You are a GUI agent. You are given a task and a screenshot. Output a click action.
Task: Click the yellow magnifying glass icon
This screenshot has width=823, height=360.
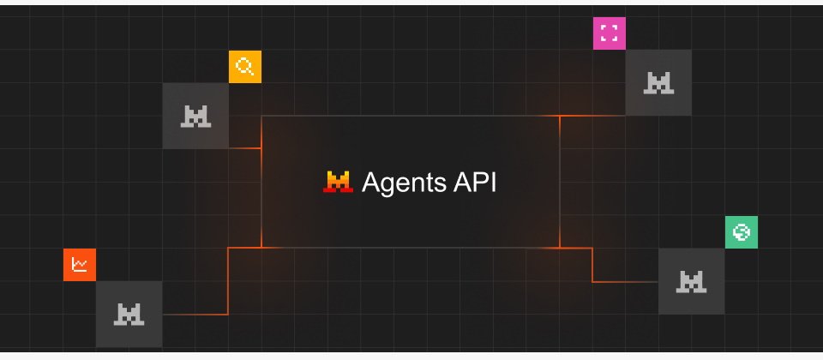(x=245, y=67)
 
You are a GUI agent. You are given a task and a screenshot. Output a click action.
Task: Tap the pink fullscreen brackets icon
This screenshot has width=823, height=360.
(x=610, y=33)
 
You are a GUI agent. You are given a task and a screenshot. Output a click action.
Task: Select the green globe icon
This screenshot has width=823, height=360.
(x=742, y=232)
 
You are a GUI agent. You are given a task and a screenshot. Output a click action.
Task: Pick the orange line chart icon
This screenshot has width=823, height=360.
(x=80, y=265)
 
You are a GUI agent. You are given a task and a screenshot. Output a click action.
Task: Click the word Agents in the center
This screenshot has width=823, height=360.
(x=404, y=183)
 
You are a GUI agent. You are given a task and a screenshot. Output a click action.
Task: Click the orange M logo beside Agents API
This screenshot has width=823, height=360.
(x=338, y=182)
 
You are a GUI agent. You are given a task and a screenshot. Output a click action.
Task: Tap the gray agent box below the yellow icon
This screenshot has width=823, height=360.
(x=195, y=116)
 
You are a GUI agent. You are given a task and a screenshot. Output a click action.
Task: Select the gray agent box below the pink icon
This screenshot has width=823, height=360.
(x=658, y=83)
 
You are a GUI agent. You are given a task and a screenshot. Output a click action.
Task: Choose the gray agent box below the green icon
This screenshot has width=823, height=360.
(x=692, y=281)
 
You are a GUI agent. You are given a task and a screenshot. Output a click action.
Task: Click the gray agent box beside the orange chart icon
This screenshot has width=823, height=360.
(x=129, y=315)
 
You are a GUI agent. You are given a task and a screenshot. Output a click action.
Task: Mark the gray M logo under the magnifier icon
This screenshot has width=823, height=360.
(x=195, y=116)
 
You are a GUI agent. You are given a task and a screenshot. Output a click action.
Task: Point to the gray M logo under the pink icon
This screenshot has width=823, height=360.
(x=658, y=83)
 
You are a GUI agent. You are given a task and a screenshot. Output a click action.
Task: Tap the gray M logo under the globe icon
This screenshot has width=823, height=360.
(x=691, y=282)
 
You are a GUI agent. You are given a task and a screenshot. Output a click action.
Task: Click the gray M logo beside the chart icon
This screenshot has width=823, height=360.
(x=129, y=315)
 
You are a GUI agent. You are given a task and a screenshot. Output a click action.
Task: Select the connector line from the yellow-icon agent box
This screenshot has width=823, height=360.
(x=245, y=148)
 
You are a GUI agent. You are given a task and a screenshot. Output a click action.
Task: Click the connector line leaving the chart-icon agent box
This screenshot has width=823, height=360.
(x=228, y=281)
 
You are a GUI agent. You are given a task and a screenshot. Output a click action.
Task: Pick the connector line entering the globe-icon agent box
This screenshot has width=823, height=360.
(x=592, y=265)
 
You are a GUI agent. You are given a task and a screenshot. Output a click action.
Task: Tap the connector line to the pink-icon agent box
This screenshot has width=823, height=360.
(x=592, y=116)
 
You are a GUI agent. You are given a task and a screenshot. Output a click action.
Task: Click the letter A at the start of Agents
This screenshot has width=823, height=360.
(x=371, y=183)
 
